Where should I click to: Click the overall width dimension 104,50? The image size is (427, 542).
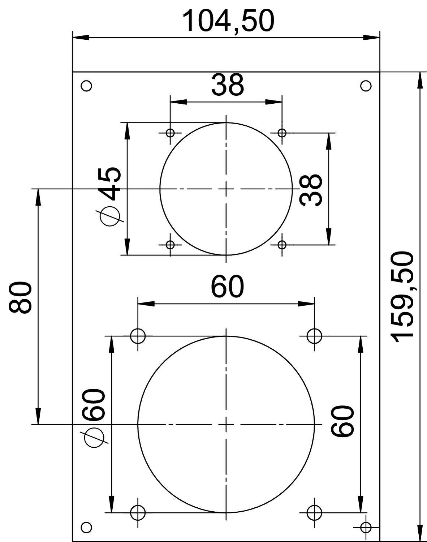(228, 21)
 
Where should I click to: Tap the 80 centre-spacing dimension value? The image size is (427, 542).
(20, 297)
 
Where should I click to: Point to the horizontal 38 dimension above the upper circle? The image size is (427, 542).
(228, 85)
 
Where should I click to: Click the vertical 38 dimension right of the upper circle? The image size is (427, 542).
(311, 190)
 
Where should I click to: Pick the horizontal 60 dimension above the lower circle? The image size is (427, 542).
(228, 287)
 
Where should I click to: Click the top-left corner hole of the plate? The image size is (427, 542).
(86, 86)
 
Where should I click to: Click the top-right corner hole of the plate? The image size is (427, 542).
(366, 86)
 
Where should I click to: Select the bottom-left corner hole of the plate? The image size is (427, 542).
(86, 527)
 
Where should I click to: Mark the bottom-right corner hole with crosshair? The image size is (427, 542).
(366, 527)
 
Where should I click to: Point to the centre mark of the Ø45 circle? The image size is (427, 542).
(226, 189)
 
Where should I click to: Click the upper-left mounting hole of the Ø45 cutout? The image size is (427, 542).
(170, 133)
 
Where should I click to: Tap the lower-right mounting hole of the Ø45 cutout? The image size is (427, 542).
(282, 245)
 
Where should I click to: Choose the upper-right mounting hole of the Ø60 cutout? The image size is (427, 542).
(314, 336)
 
